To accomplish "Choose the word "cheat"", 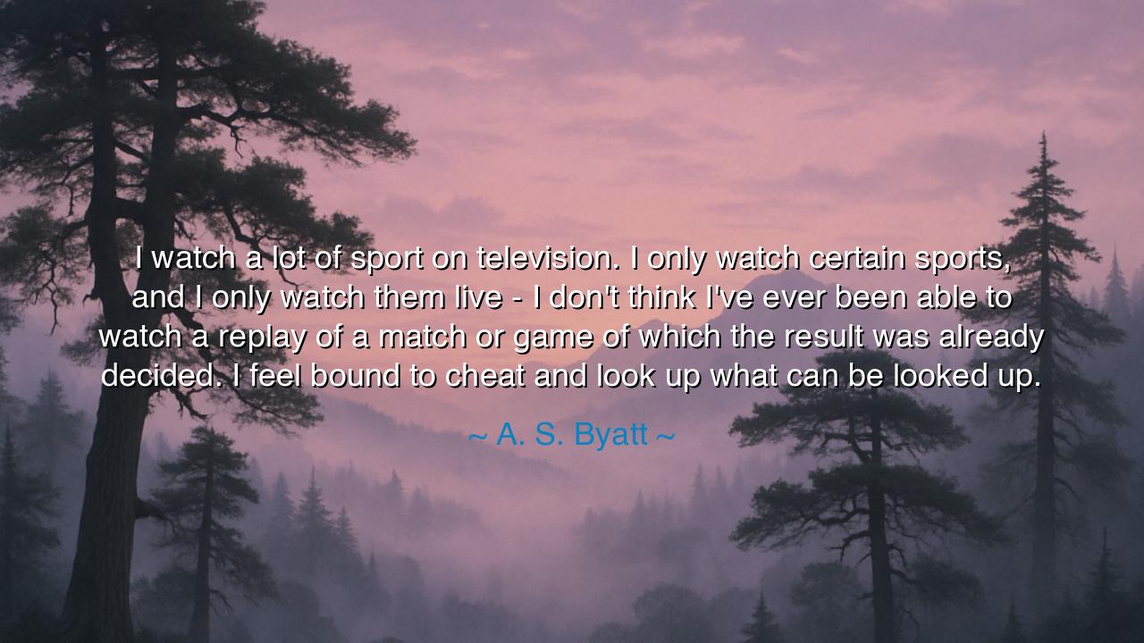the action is point(484,376).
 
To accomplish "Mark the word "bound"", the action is point(355,376).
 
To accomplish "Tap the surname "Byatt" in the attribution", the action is point(610,435).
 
